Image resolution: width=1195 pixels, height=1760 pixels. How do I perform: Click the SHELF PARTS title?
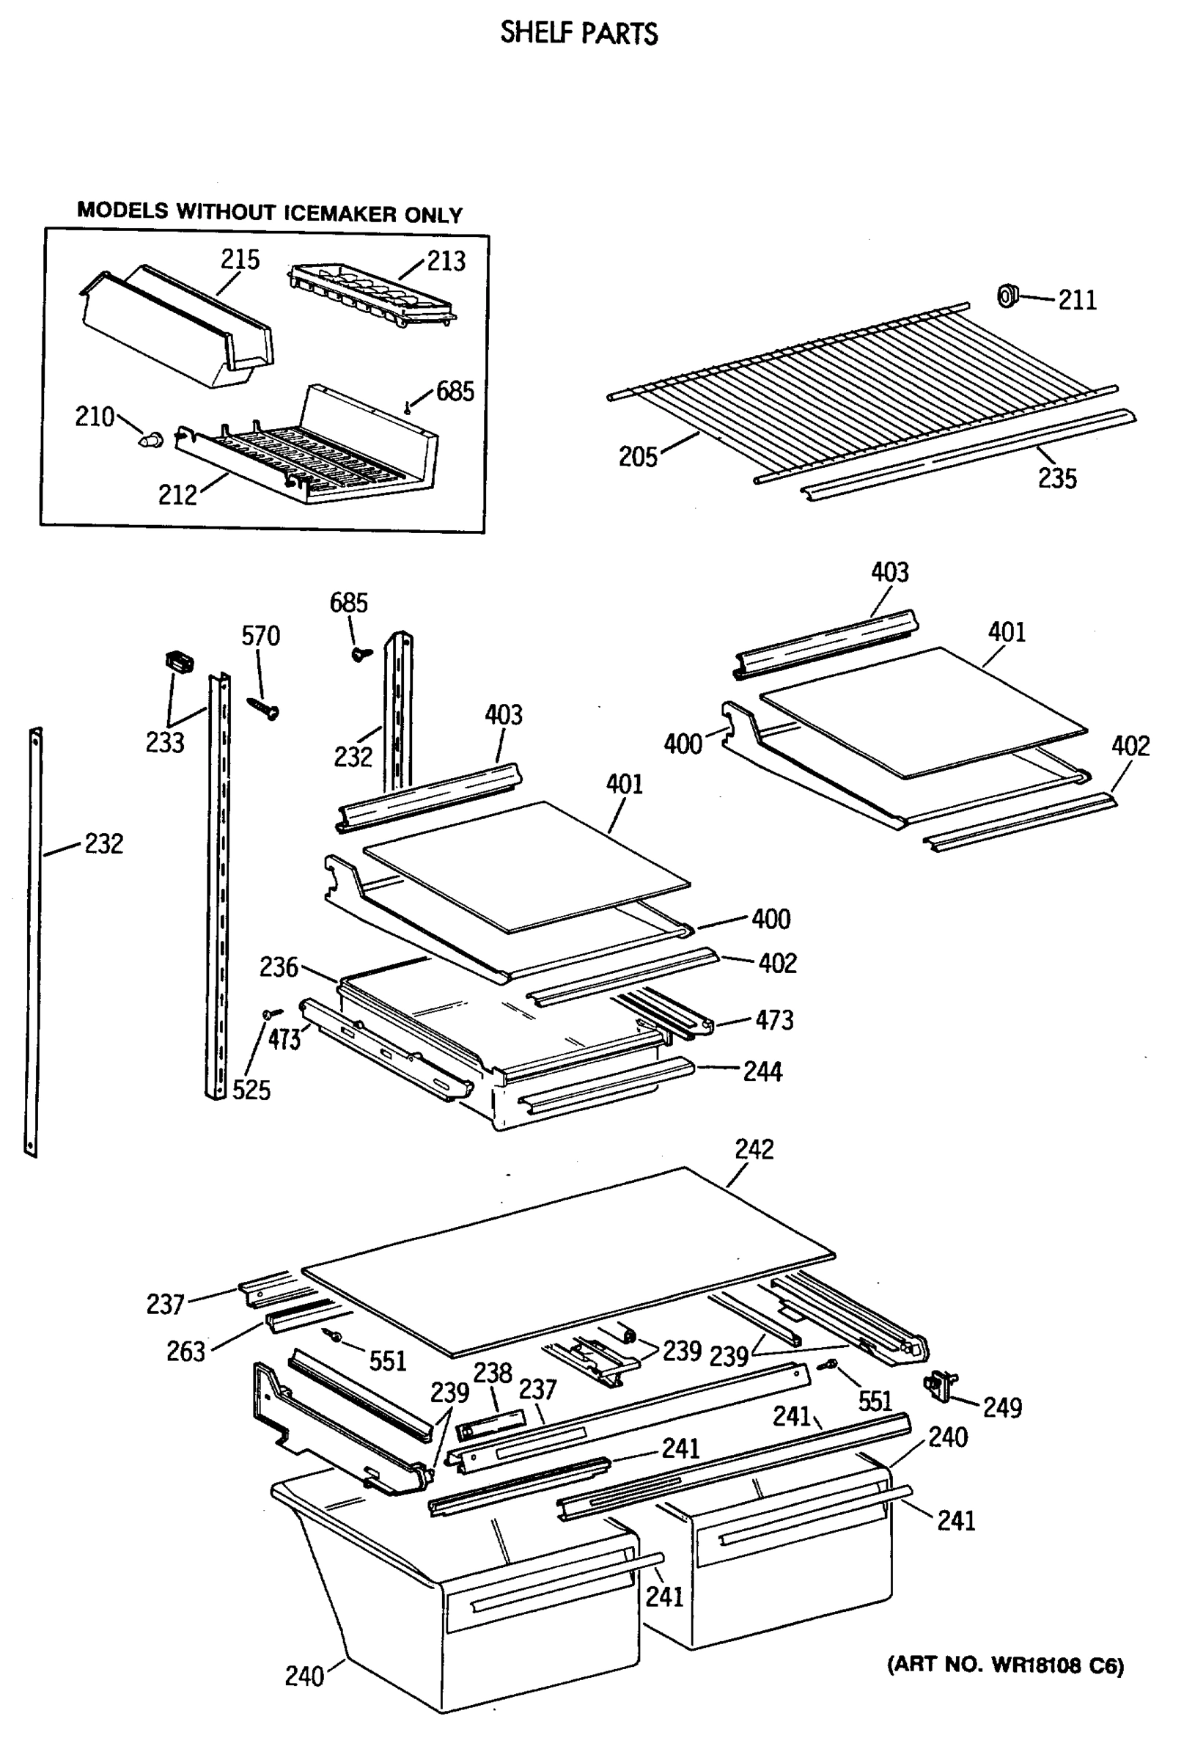pyautogui.click(x=578, y=34)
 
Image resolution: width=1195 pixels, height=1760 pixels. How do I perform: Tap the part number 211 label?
pyautogui.click(x=1077, y=300)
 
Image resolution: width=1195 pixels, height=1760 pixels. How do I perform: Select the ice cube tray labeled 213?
pyautogui.click(x=371, y=294)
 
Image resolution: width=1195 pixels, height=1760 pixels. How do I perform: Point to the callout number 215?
pyautogui.click(x=240, y=260)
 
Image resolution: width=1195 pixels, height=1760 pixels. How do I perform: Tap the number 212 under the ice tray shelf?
pyautogui.click(x=177, y=494)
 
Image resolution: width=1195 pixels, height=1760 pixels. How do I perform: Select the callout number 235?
pyautogui.click(x=1056, y=478)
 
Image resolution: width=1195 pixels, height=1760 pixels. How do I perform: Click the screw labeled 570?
pyautogui.click(x=265, y=708)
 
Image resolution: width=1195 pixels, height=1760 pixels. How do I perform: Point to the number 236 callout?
pyautogui.click(x=279, y=967)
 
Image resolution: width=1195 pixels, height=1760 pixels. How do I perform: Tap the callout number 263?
pyautogui.click(x=185, y=1351)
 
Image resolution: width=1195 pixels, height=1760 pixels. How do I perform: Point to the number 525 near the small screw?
pyautogui.click(x=251, y=1090)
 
